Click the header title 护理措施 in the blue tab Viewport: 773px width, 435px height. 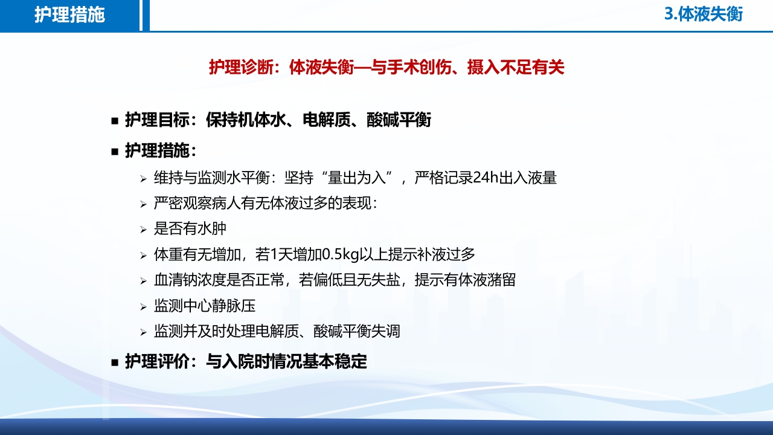(69, 15)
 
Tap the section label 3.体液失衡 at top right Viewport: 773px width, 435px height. (704, 14)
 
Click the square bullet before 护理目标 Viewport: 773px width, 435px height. (115, 121)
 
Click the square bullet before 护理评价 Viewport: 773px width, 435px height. (115, 362)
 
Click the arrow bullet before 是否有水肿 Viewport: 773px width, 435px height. (143, 230)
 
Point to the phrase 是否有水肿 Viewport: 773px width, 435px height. (190, 229)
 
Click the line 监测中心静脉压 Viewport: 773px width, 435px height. (205, 306)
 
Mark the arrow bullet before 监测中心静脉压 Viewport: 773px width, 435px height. (143, 307)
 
